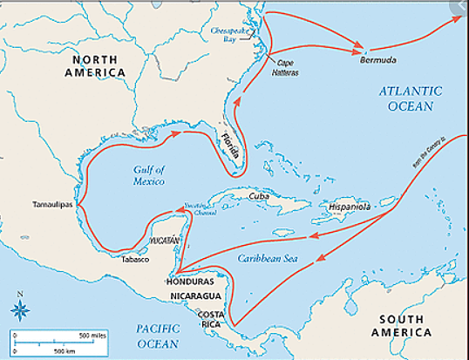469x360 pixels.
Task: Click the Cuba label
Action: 259,197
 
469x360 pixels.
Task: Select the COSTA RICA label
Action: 212,318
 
